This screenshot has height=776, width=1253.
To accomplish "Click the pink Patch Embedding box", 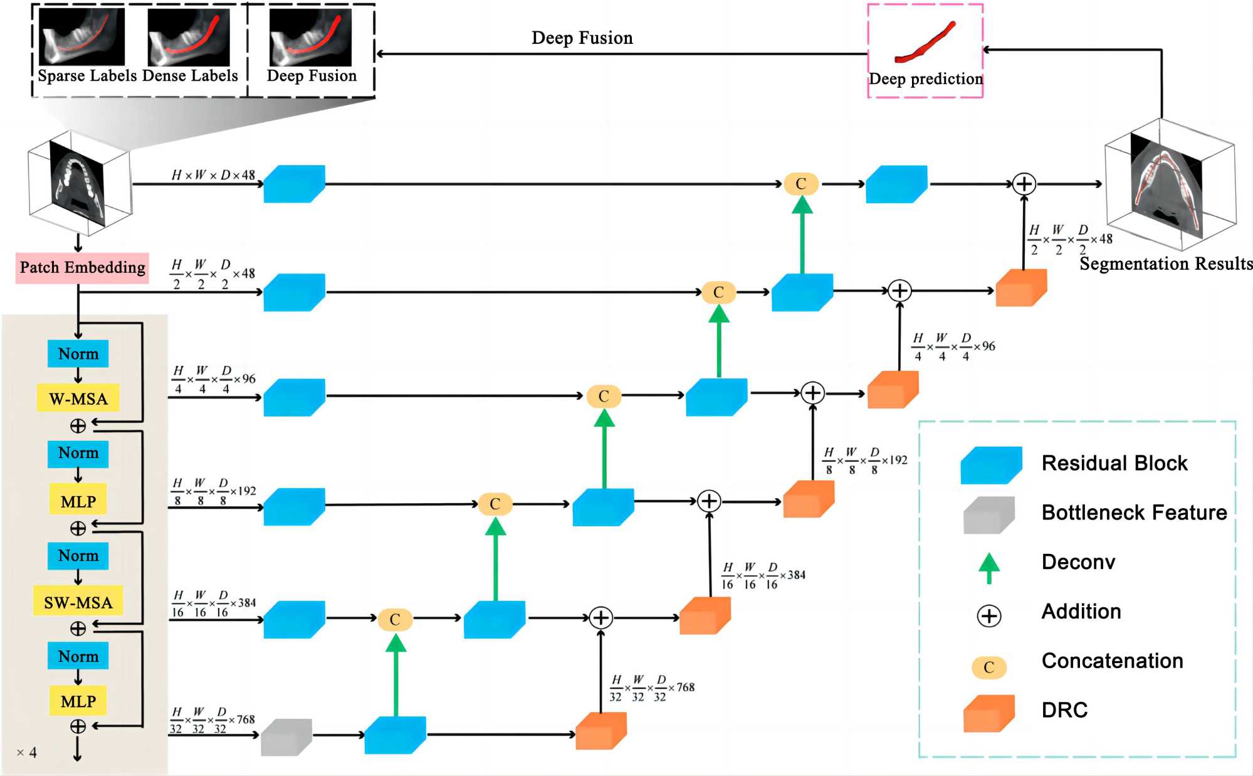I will [x=82, y=268].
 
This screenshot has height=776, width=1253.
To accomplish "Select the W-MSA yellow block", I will [x=78, y=398].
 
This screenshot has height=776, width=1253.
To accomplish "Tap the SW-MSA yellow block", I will [x=78, y=602].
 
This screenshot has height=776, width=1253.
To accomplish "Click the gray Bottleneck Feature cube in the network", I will [x=286, y=736].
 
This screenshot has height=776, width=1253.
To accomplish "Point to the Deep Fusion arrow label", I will [x=582, y=38].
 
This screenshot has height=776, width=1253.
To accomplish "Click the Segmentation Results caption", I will [x=1165, y=264].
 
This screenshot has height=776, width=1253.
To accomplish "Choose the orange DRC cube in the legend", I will [x=988, y=713].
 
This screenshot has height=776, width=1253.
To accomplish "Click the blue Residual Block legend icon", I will [x=991, y=465].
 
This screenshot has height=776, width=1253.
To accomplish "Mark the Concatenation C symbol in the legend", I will [x=988, y=667].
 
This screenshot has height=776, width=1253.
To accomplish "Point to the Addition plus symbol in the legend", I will [x=989, y=616].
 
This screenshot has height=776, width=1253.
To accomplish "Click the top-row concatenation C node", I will [x=800, y=184].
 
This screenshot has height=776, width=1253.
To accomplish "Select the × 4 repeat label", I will [x=27, y=752].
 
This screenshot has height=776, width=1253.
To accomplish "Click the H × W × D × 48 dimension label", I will [x=213, y=175].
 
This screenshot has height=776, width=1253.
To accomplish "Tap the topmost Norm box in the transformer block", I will [x=78, y=354].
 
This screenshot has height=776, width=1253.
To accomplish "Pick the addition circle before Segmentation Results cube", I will [x=1024, y=184].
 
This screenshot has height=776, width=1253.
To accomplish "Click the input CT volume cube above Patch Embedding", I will [x=79, y=182].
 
